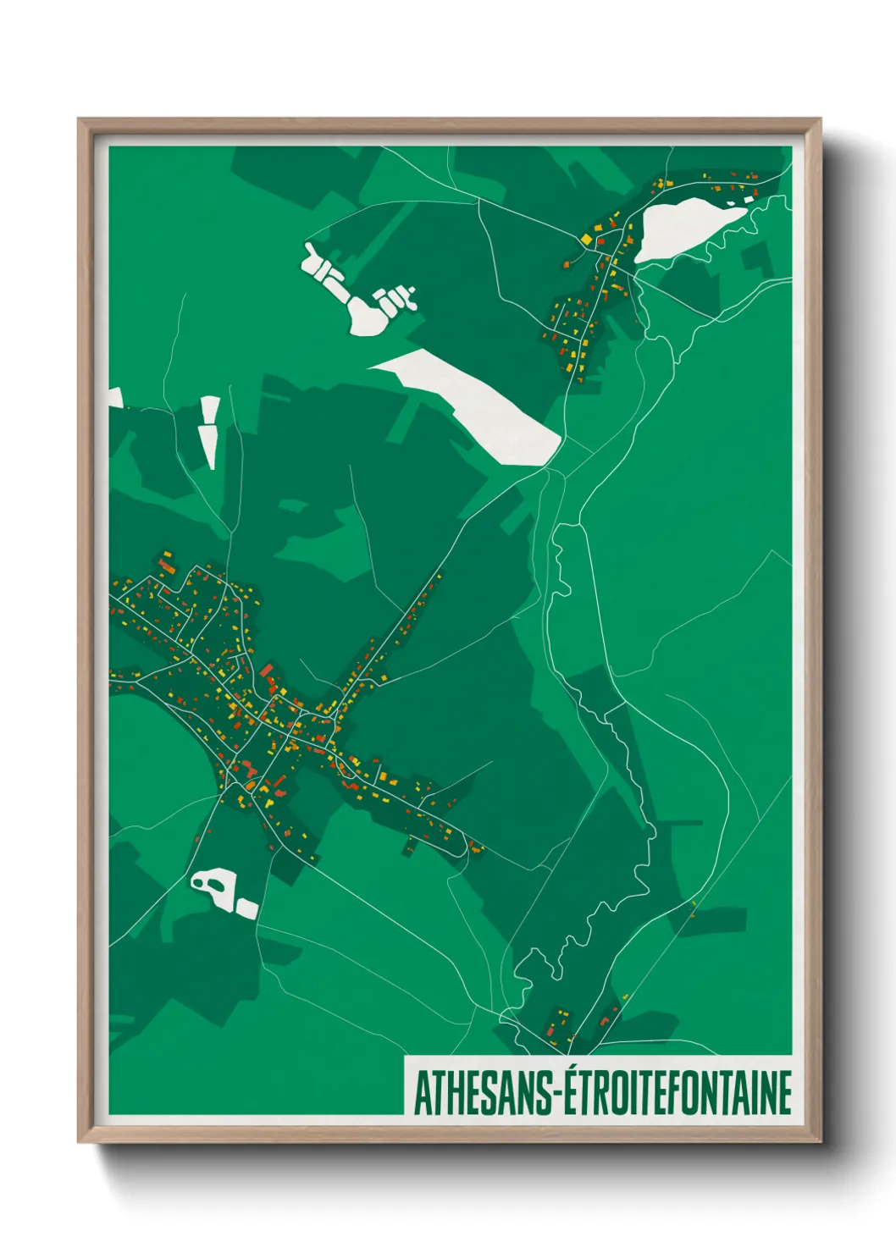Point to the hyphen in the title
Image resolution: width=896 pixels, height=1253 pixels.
556,1095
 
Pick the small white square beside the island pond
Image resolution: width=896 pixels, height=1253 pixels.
246,909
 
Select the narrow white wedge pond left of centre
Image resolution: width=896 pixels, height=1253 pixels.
208,430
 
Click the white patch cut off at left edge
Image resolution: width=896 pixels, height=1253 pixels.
115,398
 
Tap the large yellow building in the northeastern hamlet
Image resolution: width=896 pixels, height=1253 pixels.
586,240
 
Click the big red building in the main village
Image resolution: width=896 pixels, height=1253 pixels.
268,671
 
